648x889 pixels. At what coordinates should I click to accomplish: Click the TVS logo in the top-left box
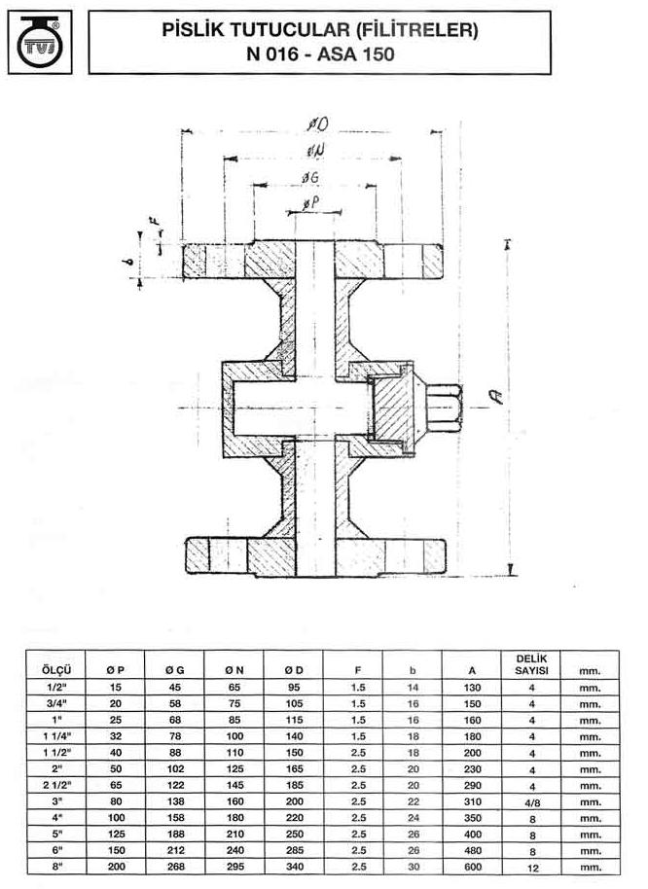click(x=40, y=42)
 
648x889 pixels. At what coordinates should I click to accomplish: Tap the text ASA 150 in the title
click(x=356, y=54)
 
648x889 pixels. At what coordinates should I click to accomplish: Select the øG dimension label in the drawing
click(x=310, y=177)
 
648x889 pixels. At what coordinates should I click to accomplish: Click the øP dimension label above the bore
click(x=310, y=203)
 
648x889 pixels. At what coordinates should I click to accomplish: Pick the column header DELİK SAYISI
click(x=531, y=664)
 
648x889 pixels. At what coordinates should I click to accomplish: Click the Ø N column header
click(x=234, y=670)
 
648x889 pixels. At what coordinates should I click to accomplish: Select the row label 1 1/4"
click(x=56, y=736)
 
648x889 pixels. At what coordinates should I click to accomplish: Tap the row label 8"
click(x=56, y=866)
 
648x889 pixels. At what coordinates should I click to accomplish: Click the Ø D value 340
click(x=295, y=867)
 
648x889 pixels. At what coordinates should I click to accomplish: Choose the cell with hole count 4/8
click(x=532, y=802)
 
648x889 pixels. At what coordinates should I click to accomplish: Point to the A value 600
click(x=472, y=867)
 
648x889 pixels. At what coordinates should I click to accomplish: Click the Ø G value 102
click(x=175, y=768)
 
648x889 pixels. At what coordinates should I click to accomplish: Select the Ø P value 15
click(x=116, y=687)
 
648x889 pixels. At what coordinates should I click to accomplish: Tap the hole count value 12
click(x=532, y=868)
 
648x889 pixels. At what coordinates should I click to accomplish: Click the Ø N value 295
click(x=234, y=867)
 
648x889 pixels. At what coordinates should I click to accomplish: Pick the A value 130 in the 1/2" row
click(x=472, y=687)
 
